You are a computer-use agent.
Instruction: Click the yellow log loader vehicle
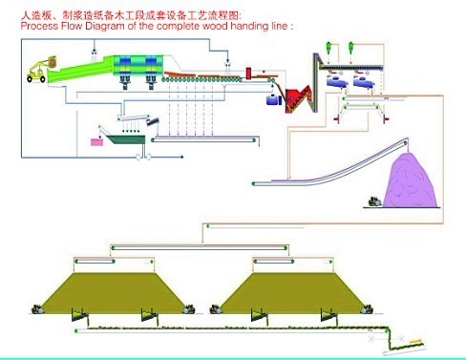[41, 70]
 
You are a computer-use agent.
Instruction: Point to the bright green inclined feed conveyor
[81, 71]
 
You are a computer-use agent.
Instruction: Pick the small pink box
[97, 142]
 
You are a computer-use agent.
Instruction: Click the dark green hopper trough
[126, 139]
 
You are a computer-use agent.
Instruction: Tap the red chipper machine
[299, 98]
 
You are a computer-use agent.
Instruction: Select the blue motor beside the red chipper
[273, 99]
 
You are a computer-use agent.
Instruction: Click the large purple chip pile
[410, 181]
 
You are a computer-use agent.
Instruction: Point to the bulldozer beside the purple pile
[374, 202]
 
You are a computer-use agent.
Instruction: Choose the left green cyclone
[328, 48]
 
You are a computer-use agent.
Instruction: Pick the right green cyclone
[350, 48]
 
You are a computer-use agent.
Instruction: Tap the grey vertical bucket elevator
[316, 83]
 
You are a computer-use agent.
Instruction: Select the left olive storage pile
[115, 293]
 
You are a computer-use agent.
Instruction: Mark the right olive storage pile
[293, 293]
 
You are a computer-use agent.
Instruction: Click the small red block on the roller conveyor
[248, 73]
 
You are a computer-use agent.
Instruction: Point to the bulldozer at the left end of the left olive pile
[37, 309]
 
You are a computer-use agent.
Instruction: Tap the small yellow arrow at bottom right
[416, 341]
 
